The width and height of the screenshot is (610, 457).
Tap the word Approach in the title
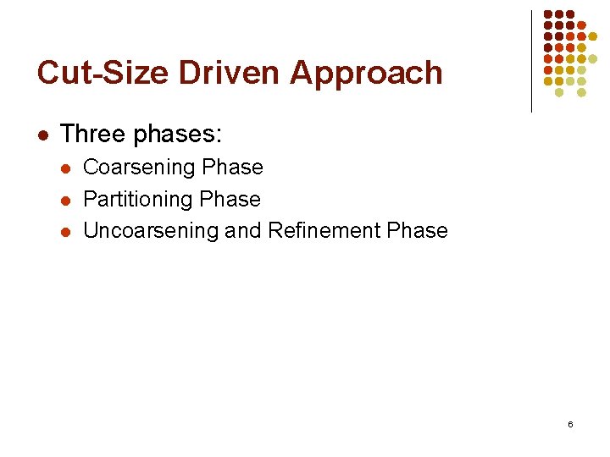point(366,73)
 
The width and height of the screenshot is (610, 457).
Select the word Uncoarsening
point(151,230)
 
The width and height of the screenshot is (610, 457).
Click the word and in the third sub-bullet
point(243,230)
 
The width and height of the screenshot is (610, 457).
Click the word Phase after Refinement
point(417,230)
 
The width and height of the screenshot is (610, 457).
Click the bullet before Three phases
point(42,135)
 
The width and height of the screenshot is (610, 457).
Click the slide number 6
point(570,423)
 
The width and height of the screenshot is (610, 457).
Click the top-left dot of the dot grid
point(548,15)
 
